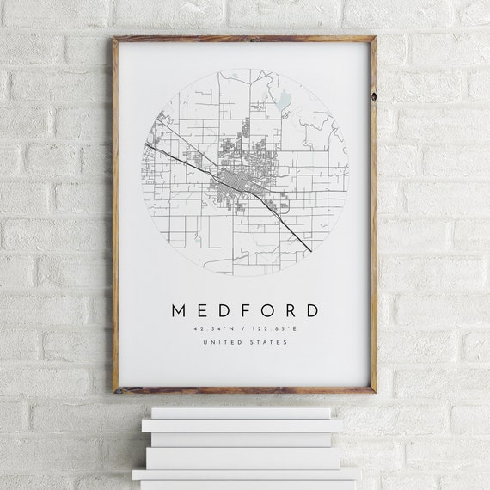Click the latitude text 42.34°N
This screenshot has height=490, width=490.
pos(217,328)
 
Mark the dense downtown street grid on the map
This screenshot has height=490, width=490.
pos(235,181)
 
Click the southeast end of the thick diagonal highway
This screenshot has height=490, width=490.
pos(309,250)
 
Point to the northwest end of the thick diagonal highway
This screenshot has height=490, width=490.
pos(148,144)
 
